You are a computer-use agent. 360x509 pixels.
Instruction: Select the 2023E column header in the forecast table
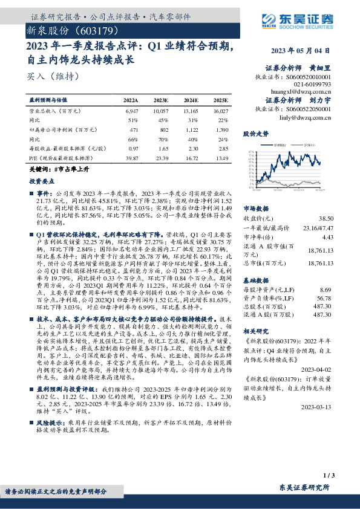point(162,100)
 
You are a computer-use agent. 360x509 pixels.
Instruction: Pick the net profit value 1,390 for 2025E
point(222,129)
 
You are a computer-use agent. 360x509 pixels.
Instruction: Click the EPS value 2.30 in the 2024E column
point(192,148)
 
